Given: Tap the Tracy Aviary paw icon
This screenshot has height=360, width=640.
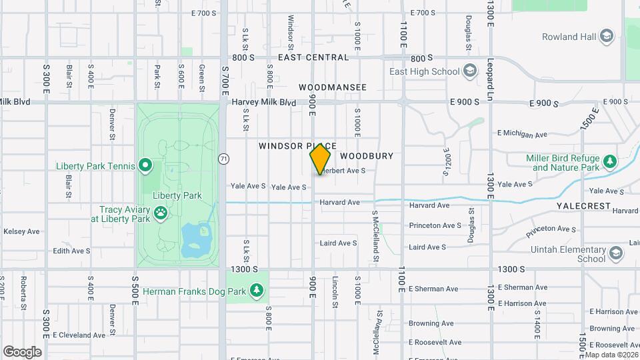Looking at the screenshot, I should click(161, 213).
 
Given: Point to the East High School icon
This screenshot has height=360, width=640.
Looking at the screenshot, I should click(470, 71).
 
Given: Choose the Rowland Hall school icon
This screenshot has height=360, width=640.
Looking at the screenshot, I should click(606, 37).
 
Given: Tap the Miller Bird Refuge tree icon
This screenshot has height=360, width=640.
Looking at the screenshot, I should click(609, 162).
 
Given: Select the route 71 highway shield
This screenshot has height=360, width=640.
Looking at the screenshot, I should click(224, 159).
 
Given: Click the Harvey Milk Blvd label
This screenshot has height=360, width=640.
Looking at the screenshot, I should click(263, 102).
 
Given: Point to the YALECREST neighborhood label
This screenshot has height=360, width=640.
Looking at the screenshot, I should click(583, 207).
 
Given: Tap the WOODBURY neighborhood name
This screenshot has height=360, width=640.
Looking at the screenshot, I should click(367, 155).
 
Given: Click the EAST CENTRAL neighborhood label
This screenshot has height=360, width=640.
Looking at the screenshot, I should click(313, 57).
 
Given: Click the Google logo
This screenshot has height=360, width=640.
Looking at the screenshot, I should click(22, 351).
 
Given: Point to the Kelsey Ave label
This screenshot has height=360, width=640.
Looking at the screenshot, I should click(21, 232).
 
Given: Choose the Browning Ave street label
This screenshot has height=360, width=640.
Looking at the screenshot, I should click(431, 323).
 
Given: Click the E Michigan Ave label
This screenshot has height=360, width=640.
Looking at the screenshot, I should click(523, 134).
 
